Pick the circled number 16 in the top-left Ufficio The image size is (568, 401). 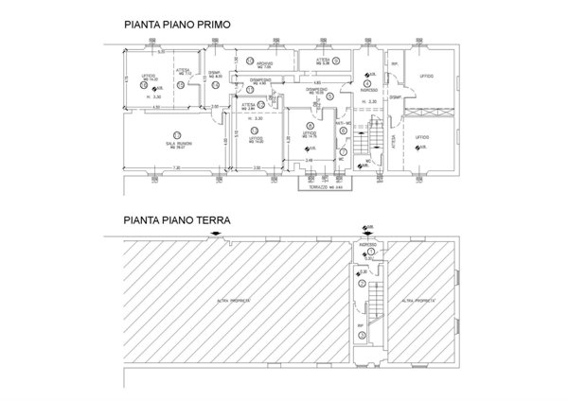148,84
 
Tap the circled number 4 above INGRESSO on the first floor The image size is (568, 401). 366,82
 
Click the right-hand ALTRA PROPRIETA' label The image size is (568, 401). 418,300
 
